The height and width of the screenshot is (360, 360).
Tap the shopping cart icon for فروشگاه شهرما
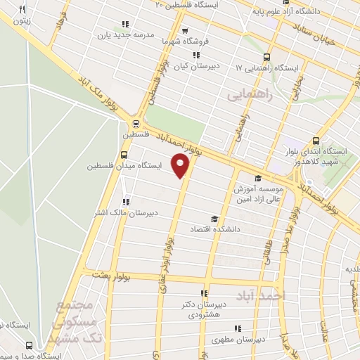coord(185,30)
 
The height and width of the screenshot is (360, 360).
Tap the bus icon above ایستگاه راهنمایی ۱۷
coord(266,58)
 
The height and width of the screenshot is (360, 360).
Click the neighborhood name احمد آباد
coord(269,296)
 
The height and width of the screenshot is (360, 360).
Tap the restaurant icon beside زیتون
coord(22,9)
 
